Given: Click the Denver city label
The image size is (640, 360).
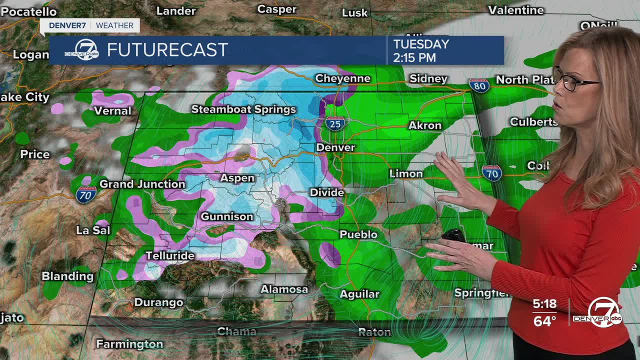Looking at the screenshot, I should tap(335, 147).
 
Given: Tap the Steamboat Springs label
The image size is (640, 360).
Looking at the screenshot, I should tap(243, 109).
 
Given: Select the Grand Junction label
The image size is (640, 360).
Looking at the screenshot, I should tap(142, 184).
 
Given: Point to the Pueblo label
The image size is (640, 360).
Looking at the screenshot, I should tap(358, 234).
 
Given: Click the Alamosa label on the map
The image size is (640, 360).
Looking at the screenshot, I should tap(284, 289).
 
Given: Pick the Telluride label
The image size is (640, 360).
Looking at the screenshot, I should tap(169, 256).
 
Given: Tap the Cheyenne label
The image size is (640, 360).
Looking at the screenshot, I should tap(342, 78).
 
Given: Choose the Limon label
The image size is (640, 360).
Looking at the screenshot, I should tap(406, 173).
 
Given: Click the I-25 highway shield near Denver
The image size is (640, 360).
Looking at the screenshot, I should tap(335, 123).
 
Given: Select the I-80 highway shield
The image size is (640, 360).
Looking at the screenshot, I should tap(479, 85).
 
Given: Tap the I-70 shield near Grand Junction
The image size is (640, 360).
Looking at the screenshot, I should tap(86, 194).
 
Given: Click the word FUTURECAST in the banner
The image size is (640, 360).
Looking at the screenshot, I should tap(167, 50).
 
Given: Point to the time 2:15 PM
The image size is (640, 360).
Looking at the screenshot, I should tap(414, 57).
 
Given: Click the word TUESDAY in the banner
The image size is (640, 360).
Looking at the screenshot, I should tap(421, 44).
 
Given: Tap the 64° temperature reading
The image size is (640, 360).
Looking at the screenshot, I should tap(544, 320).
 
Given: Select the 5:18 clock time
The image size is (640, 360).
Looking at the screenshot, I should tap(544, 304).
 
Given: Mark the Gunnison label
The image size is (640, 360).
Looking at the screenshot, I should tap(227, 216).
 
